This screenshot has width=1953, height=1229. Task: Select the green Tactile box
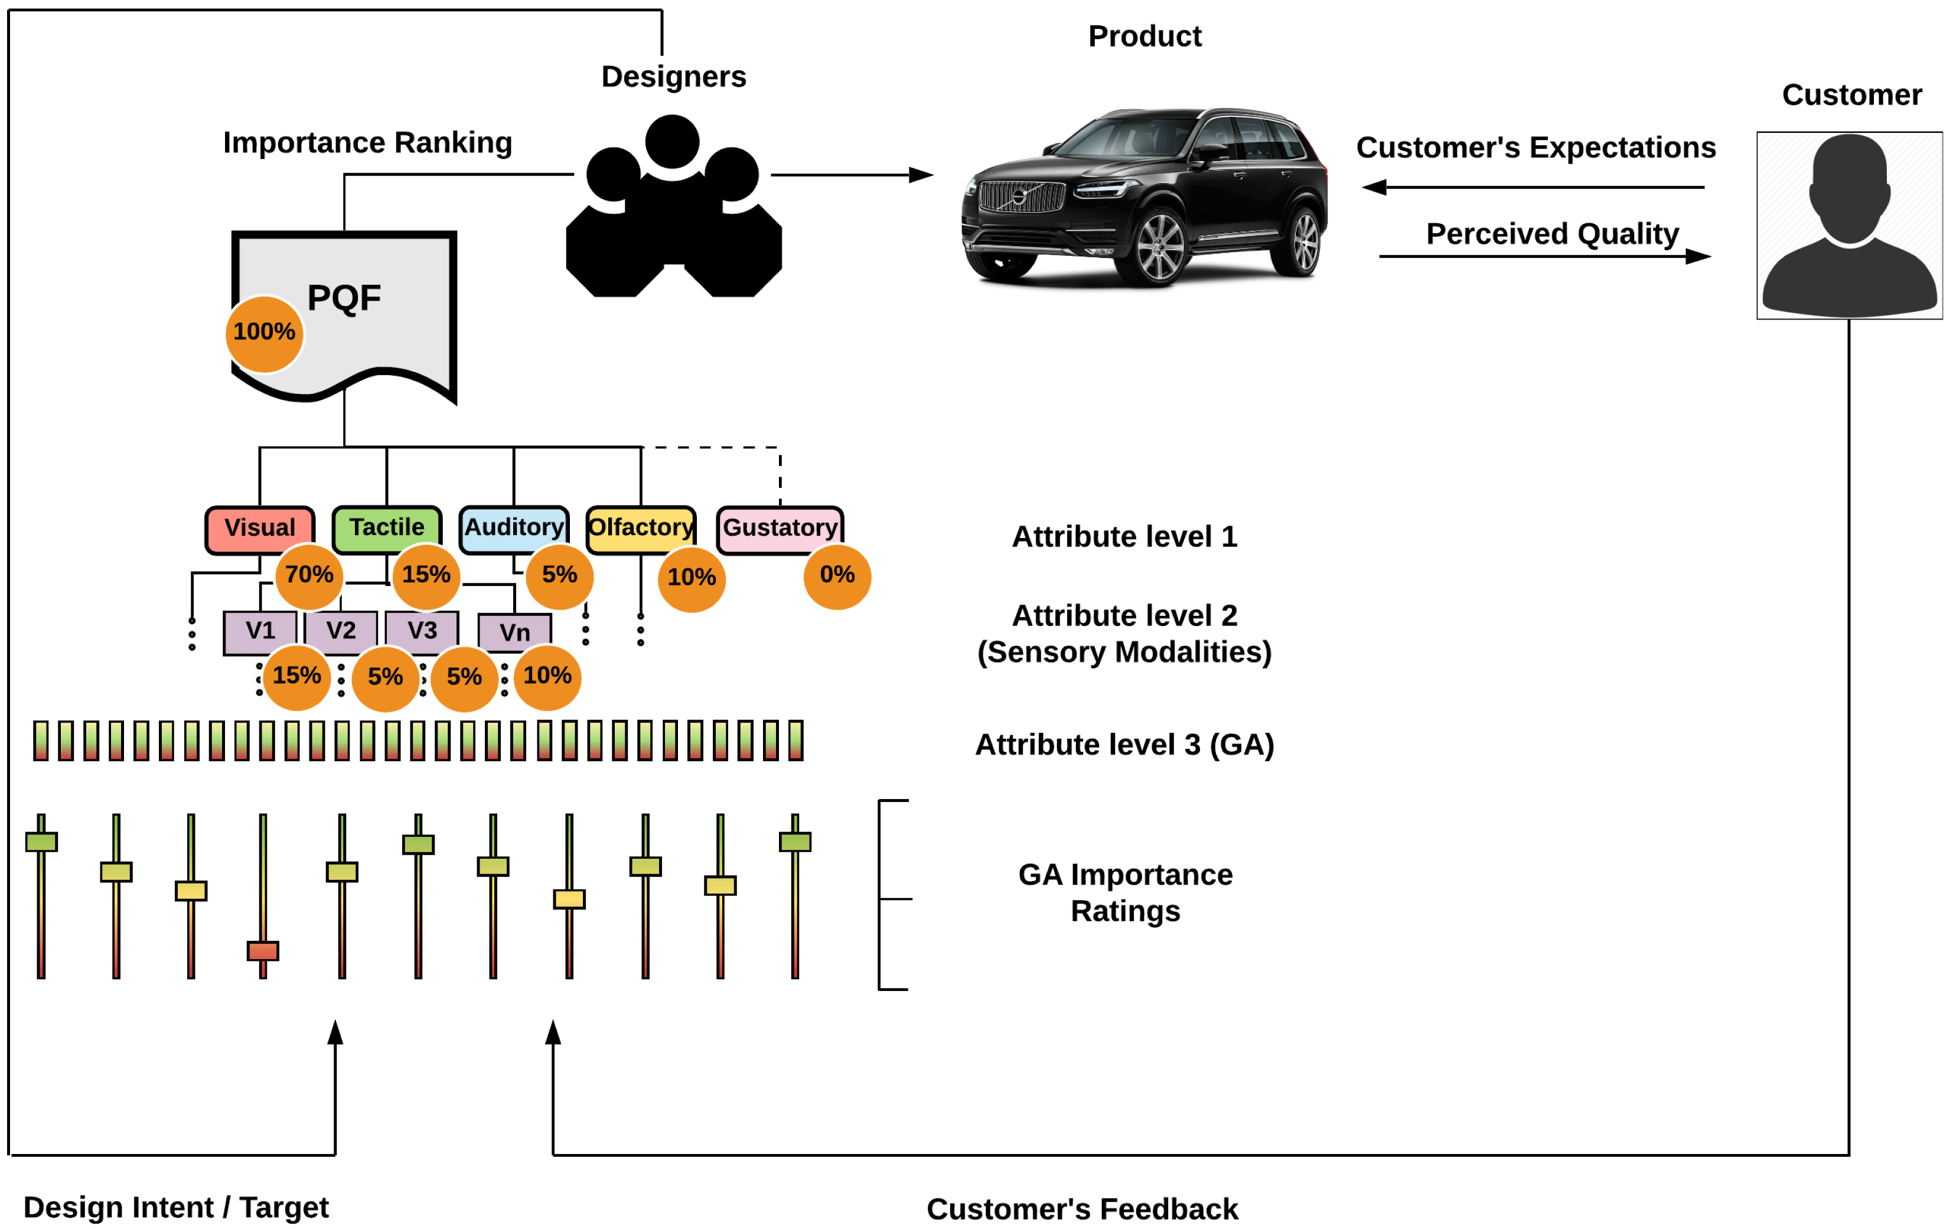[x=387, y=527]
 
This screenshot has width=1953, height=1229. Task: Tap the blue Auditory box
[x=513, y=527]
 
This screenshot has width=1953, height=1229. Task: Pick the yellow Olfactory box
[x=641, y=527]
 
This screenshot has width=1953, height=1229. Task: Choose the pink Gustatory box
[x=780, y=528]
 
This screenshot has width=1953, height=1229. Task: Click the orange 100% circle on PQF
[x=265, y=332]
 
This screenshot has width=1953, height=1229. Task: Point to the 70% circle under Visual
[x=309, y=575]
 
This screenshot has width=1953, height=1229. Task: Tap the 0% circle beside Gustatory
[x=837, y=575]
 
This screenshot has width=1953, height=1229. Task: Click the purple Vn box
[x=514, y=632]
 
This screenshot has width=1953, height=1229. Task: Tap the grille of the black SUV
[x=1021, y=196]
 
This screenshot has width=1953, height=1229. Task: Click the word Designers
[x=673, y=77]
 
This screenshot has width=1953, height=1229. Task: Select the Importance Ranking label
[x=367, y=143]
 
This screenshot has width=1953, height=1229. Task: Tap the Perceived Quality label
[x=1551, y=234]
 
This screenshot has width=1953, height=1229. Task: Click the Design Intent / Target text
[x=176, y=1207]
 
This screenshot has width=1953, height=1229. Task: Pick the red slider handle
[x=263, y=950]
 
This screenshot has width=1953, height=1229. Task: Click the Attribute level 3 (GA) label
[x=1124, y=745]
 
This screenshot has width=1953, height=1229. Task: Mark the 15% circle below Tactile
[x=426, y=575]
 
